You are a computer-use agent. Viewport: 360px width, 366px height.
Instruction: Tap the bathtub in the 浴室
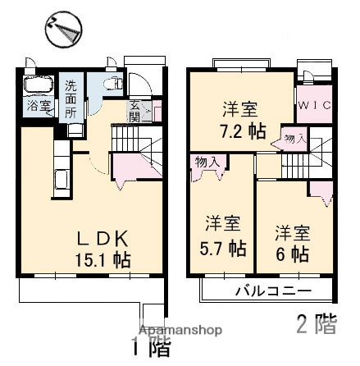coord(35,85)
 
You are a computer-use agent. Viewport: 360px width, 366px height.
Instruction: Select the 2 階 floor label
coord(316,323)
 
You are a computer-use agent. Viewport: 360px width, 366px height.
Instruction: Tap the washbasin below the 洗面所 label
coord(74,127)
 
